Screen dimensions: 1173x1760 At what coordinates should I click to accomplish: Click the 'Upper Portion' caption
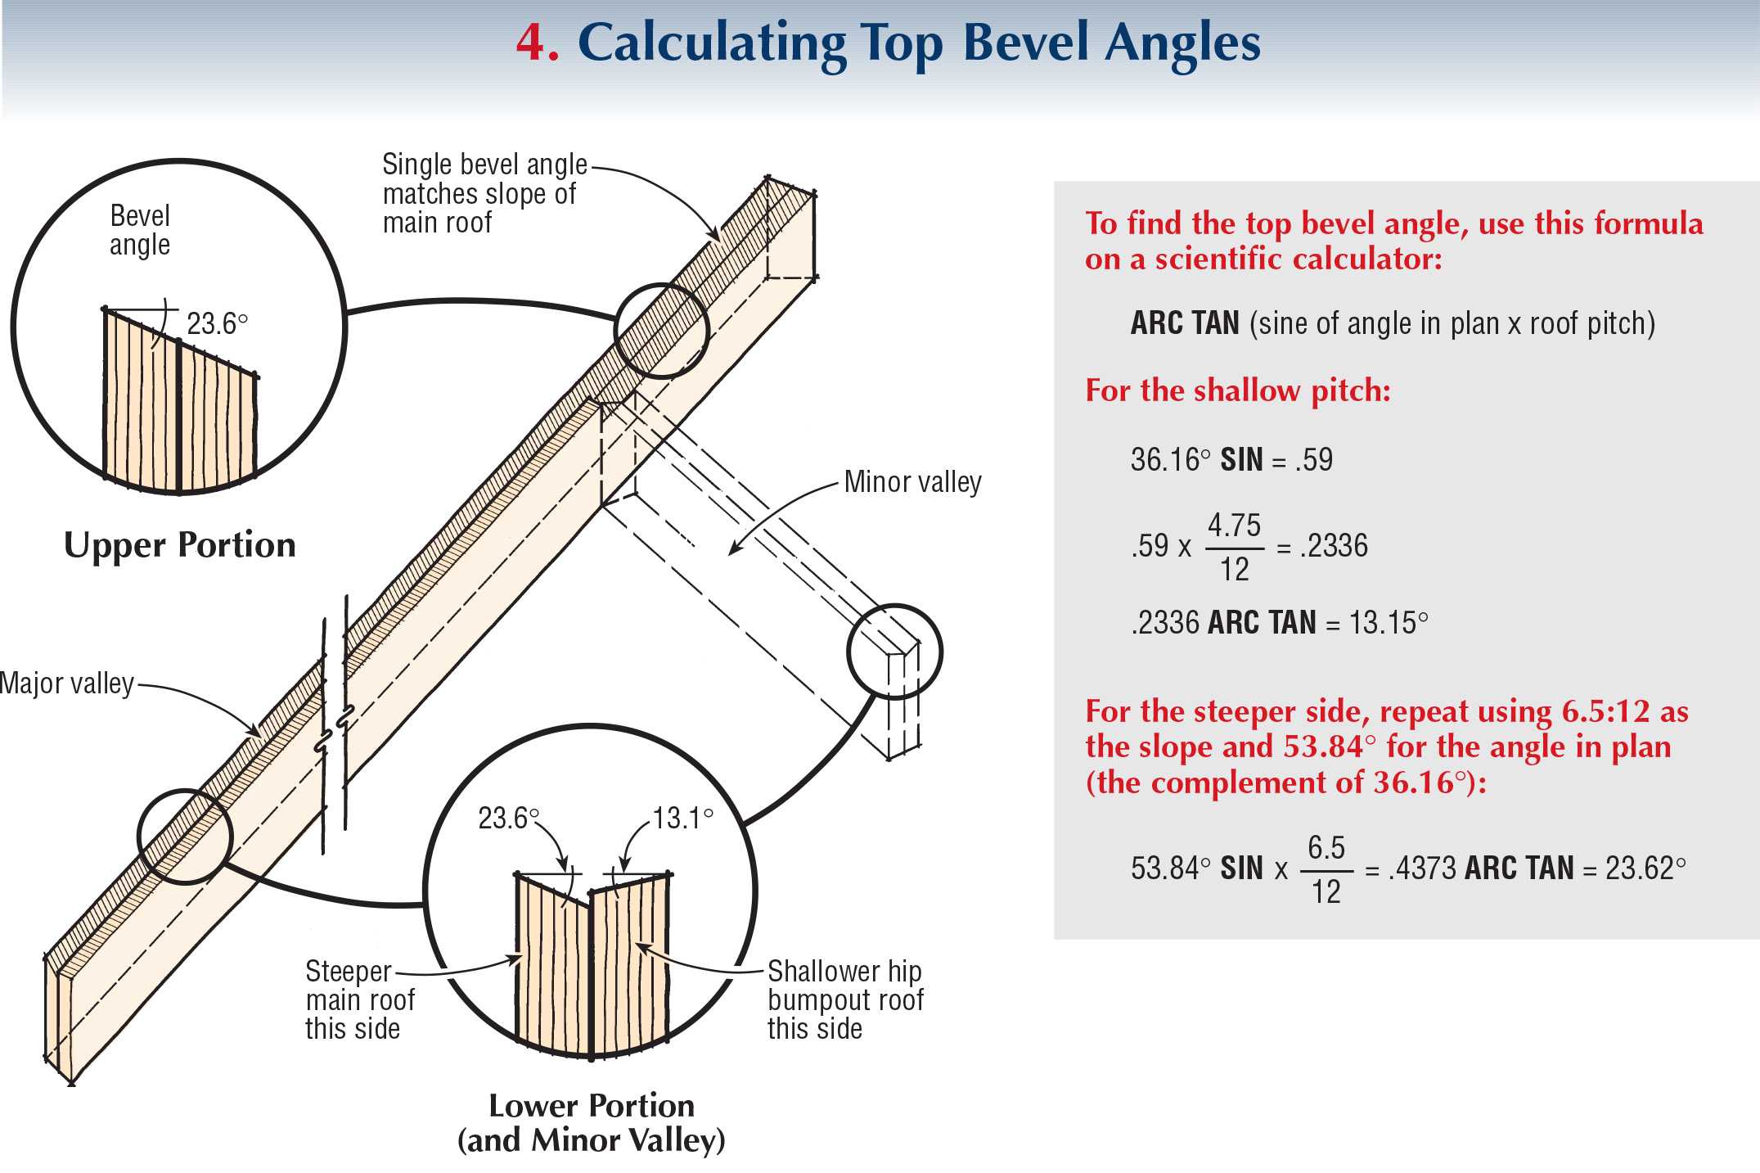tap(180, 545)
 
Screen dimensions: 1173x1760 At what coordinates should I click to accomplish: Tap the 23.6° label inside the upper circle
tap(216, 324)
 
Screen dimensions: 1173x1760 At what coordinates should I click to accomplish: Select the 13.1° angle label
tap(682, 818)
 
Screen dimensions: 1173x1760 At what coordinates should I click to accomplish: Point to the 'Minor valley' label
tap(912, 482)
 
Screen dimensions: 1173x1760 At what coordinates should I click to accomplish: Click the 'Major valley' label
tap(67, 683)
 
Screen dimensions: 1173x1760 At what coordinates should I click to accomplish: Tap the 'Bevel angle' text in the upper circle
tap(140, 231)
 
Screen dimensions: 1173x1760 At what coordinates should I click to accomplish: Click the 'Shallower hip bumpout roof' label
tap(844, 1000)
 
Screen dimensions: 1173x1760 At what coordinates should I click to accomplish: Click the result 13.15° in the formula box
tap(1388, 623)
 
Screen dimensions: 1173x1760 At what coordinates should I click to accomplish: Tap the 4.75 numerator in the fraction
tap(1234, 525)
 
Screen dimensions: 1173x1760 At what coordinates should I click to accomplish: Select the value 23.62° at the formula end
tap(1645, 868)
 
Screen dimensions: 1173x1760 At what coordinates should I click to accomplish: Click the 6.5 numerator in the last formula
tap(1326, 848)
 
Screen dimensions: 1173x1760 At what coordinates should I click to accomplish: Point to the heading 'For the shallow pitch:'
tap(1237, 390)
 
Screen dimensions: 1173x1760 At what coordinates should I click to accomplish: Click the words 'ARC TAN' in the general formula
tap(1185, 323)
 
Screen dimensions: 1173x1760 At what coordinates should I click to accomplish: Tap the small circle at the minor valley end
tap(894, 652)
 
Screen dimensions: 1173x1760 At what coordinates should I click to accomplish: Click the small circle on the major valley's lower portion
tap(185, 837)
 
